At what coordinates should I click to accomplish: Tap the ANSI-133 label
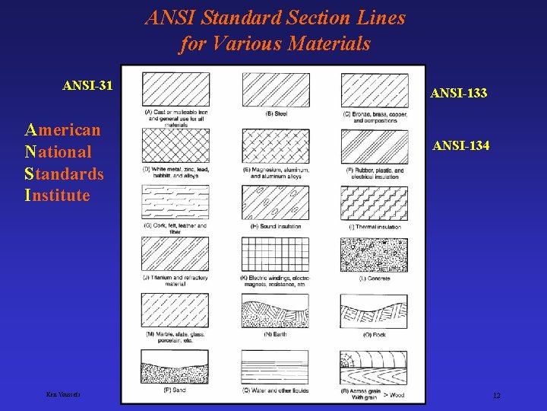tap(458, 94)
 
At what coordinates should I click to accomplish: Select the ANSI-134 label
tap(460, 145)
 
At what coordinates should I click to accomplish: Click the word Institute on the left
tap(57, 196)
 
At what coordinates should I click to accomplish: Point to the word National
tap(58, 151)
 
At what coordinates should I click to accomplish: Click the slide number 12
tap(496, 396)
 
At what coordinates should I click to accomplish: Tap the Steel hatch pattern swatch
tap(275, 90)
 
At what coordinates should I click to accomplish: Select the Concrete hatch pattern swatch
tap(374, 254)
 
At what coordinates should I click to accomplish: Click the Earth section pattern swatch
tap(275, 311)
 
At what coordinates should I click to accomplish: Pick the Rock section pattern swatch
tap(374, 311)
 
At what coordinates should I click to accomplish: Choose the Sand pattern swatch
tap(175, 367)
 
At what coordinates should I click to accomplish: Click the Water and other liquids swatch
tap(275, 367)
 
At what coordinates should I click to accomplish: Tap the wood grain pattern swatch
tap(374, 367)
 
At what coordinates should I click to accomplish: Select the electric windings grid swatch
tap(275, 254)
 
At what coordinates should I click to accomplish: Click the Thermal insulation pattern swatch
tap(374, 202)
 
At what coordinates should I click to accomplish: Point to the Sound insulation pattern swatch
tap(275, 202)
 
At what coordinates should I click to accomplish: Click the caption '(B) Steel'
tap(276, 114)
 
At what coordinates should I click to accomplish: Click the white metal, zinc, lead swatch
tap(175, 145)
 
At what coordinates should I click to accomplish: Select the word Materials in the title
tap(328, 44)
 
